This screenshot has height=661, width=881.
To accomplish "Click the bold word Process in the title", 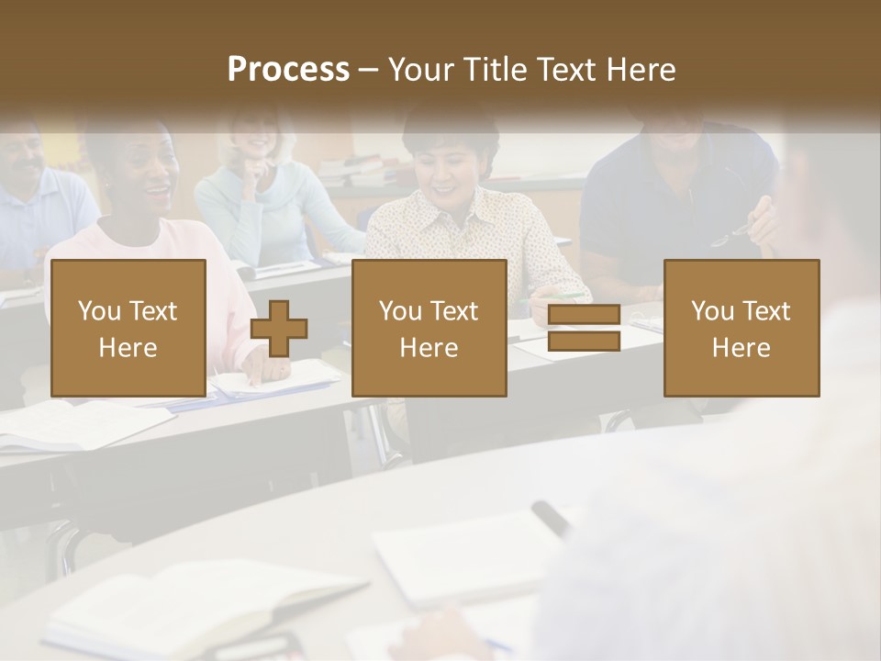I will pyautogui.click(x=288, y=70).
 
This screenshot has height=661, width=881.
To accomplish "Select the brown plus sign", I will pyautogui.click(x=279, y=329).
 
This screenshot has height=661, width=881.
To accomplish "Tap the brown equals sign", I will pyautogui.click(x=584, y=329).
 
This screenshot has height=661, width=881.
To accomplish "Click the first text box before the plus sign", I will pyautogui.click(x=128, y=329).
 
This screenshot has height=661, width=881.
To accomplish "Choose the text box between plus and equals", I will pyautogui.click(x=429, y=329).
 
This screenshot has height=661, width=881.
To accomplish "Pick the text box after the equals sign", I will pyautogui.click(x=741, y=329).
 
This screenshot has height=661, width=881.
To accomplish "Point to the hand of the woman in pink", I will pyautogui.click(x=266, y=369).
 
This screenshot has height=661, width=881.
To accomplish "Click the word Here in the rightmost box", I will pyautogui.click(x=741, y=348).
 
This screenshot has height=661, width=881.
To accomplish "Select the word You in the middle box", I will pyautogui.click(x=399, y=311).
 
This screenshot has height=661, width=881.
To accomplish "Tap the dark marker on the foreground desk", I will pyautogui.click(x=551, y=520).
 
